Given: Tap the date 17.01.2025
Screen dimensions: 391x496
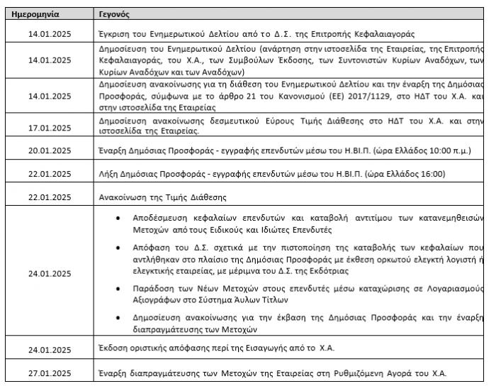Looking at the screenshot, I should pos(50,128).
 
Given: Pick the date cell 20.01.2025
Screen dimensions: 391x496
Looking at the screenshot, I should pos(50,152).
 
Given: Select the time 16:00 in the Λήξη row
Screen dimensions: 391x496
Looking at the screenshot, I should pos(431,174).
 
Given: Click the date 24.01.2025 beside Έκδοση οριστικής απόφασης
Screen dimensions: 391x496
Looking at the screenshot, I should pos(50,350).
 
